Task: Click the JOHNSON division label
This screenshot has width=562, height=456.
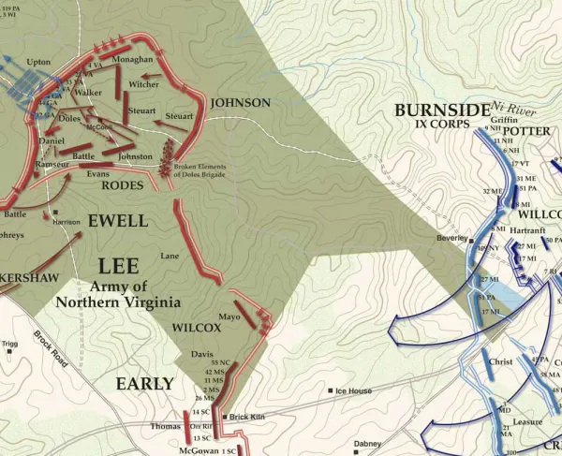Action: click(241, 102)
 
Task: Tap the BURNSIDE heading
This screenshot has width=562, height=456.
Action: click(443, 110)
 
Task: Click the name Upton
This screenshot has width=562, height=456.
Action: click(38, 62)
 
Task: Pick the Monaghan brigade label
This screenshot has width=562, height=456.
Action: click(132, 58)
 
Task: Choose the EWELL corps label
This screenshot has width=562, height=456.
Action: click(117, 221)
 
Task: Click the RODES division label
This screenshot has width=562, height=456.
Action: click(121, 185)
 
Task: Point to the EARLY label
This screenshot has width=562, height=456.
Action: click(144, 383)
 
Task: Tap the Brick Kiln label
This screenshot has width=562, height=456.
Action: click(245, 417)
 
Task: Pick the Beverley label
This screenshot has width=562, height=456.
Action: click(451, 239)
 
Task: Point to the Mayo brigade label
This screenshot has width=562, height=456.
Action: click(230, 316)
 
